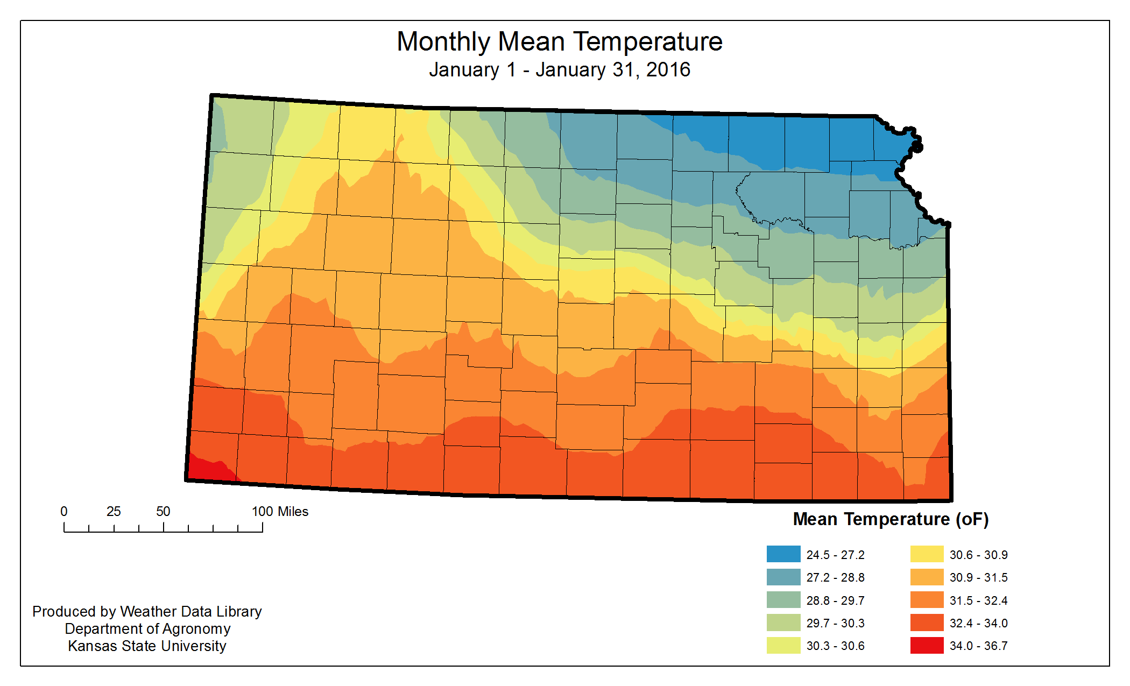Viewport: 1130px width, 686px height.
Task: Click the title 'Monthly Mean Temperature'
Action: (560, 42)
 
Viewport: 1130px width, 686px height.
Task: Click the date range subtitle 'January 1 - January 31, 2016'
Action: (560, 70)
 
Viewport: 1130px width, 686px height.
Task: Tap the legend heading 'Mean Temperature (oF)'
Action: (891, 519)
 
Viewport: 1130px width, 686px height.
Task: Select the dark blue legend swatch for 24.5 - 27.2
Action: (783, 554)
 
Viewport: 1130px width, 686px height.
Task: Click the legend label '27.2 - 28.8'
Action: (835, 578)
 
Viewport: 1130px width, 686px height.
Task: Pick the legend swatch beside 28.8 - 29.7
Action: (783, 600)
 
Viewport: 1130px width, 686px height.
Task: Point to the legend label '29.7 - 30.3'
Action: (835, 623)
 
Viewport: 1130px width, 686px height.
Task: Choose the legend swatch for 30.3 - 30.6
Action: (783, 645)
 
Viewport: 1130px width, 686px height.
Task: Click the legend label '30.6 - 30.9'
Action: (978, 555)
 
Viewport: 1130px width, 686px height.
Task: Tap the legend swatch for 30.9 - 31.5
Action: (927, 577)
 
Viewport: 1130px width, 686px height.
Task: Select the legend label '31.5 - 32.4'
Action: (978, 600)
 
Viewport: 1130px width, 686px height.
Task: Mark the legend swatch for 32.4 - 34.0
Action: (927, 623)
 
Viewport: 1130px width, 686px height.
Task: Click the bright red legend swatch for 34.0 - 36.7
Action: (927, 645)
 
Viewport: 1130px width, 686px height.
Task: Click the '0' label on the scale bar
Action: (64, 512)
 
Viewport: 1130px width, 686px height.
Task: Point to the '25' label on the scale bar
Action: (114, 512)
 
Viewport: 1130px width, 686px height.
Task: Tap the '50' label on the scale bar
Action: (163, 512)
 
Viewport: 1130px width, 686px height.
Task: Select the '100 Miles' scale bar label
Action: (280, 512)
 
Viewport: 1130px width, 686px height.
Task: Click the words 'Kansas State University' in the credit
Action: (147, 646)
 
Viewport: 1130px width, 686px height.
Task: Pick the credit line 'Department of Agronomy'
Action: (147, 629)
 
